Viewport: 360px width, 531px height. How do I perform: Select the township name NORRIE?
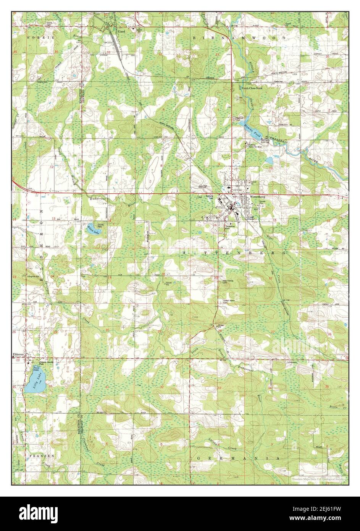(36, 39)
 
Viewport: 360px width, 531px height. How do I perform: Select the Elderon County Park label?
(36, 364)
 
